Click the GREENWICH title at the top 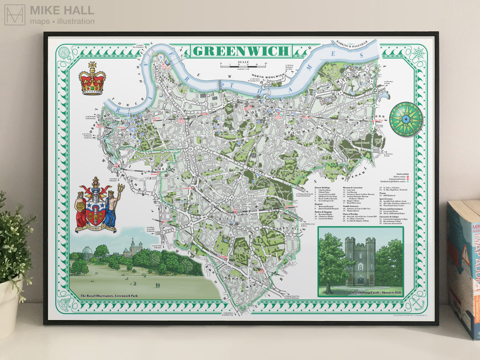tap(241, 51)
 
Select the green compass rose tap(405, 119)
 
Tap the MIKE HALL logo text tap(62, 10)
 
